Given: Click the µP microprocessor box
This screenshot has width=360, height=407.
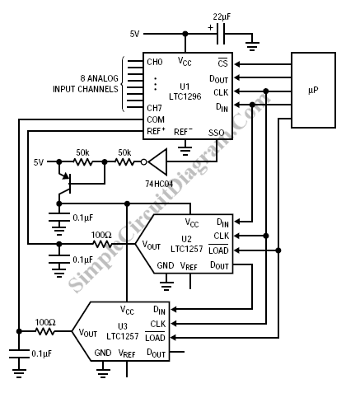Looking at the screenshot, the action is pos(313,90).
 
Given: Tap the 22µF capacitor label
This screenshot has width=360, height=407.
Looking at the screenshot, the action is pos(222,16).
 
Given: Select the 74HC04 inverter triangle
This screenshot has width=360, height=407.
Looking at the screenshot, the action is pos(157,161).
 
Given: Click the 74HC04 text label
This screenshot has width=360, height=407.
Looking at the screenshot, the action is pos(159,184).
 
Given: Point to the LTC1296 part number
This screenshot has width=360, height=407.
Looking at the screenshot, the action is pos(185,96).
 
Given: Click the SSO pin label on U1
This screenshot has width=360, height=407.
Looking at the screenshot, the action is pos(216,133).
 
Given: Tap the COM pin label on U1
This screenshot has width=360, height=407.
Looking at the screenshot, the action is pos(156,119).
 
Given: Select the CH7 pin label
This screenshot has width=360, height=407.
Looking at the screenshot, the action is pos(154,108).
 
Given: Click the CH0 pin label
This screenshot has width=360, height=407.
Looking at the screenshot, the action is pos(155,62).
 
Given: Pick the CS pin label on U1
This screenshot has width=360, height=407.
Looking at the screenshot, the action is pos(222,63).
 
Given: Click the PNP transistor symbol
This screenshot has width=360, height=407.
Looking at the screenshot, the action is pos(65,184).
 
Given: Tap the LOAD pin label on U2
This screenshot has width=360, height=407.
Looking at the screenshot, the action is pos(218,250).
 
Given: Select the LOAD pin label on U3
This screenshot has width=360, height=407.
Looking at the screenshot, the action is pos(155,338).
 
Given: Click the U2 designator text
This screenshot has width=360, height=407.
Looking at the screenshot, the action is pos(186,238).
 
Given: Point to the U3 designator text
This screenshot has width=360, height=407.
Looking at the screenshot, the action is pos(123,326).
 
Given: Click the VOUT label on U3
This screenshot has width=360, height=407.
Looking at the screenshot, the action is pos(88,333).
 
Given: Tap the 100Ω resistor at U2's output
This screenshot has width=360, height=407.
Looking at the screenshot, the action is pos(102,244).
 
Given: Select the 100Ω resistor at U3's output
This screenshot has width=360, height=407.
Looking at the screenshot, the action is pos(45,331).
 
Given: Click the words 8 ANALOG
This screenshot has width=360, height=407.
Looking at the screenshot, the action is pos(100,78).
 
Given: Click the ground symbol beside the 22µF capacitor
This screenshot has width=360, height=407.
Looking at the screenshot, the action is pos(252,46).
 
